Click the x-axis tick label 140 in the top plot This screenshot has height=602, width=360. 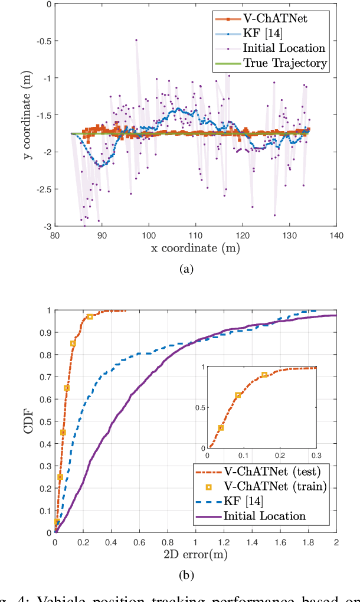pos(336,235)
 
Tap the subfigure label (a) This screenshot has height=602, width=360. pos(186,270)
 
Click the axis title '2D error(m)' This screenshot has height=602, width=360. pos(195,554)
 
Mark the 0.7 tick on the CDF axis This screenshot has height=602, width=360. pos(45,377)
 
